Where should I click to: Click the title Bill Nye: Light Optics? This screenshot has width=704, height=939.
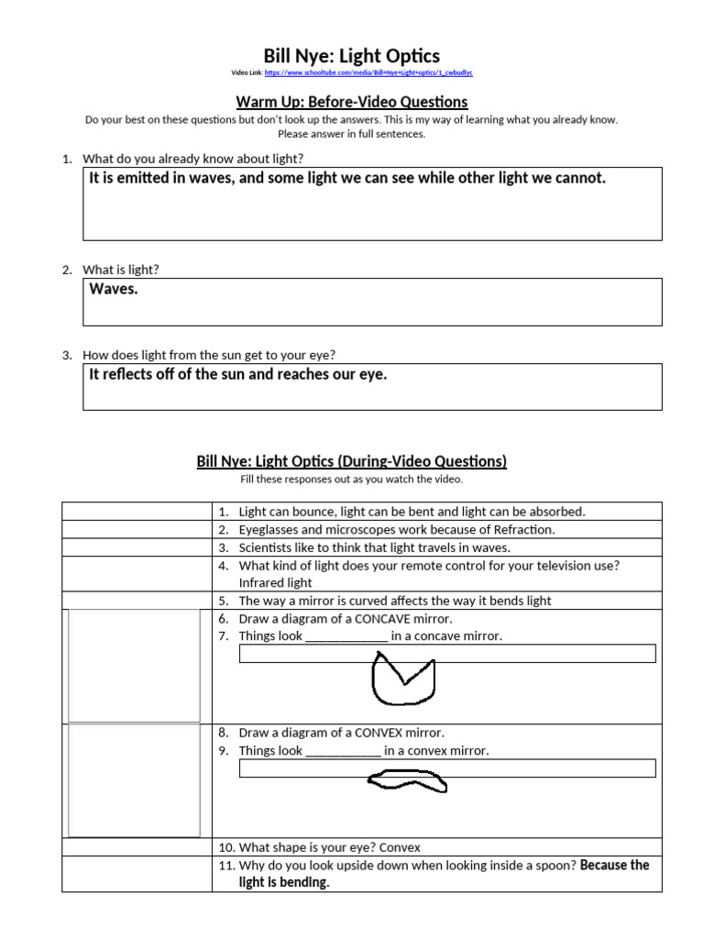352,57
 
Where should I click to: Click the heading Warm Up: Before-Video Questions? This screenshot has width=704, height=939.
352,102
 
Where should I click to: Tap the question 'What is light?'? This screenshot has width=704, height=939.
120,270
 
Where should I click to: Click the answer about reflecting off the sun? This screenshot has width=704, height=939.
238,374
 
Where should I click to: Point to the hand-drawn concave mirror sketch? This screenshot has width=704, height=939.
402,679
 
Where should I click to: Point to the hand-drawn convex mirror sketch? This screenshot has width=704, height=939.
404,779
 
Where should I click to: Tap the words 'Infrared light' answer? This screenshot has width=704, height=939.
275,582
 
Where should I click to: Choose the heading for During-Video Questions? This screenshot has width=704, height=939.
352,461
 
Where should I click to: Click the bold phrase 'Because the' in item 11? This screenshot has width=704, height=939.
614,865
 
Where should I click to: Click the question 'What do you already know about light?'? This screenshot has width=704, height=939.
192,159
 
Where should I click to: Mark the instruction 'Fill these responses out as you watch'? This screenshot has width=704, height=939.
352,479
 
